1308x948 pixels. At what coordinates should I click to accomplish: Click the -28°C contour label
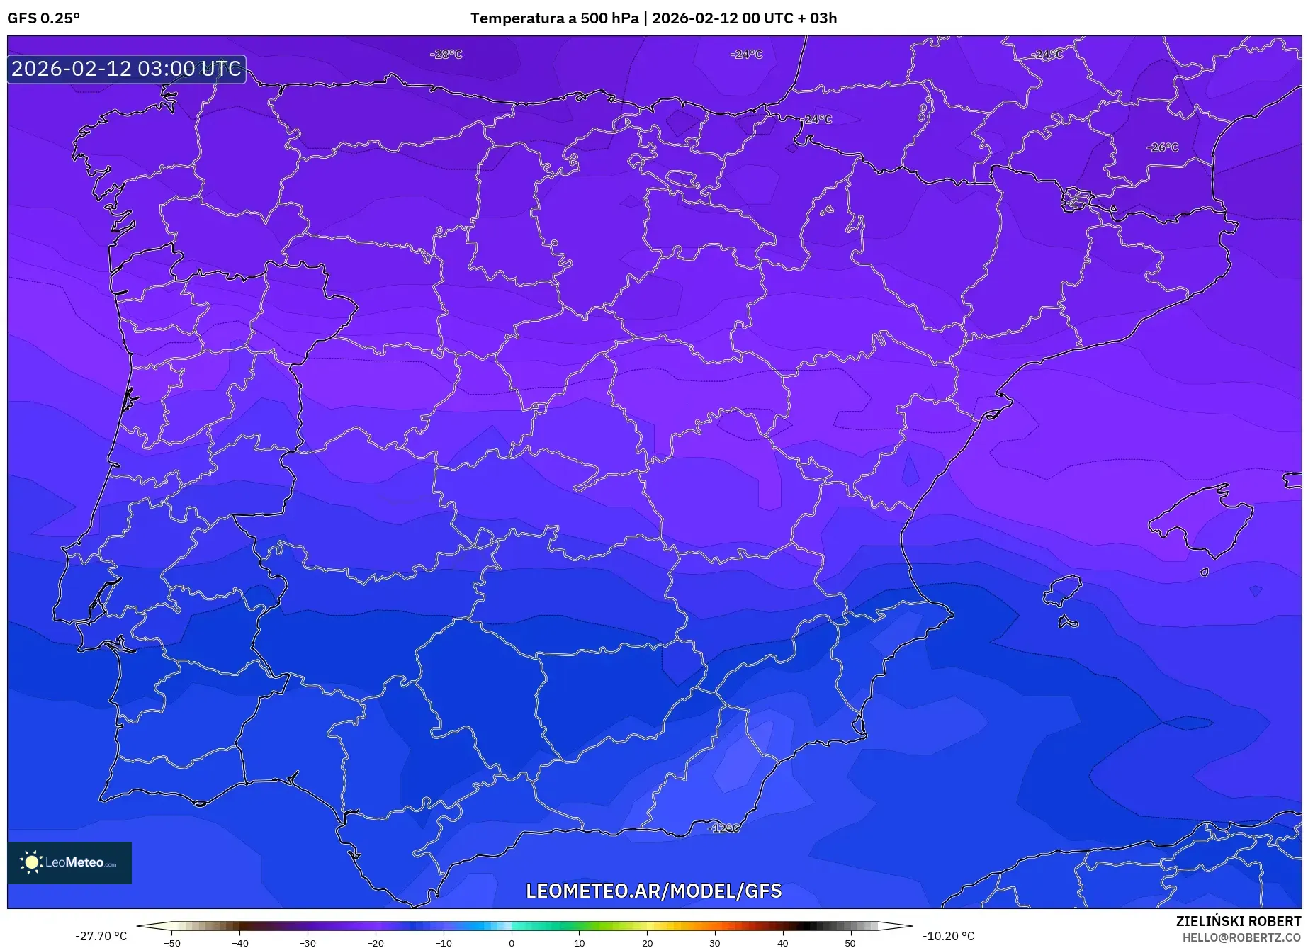click(446, 55)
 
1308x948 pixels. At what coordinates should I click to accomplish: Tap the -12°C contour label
click(724, 828)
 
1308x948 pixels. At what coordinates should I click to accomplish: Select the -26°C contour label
click(1163, 147)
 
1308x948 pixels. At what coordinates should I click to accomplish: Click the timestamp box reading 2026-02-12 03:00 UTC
click(127, 69)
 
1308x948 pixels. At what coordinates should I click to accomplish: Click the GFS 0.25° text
click(44, 18)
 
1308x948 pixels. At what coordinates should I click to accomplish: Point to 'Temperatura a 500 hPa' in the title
click(554, 18)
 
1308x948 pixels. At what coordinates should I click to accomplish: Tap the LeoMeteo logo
click(69, 862)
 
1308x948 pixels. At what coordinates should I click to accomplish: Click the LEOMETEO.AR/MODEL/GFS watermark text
click(653, 891)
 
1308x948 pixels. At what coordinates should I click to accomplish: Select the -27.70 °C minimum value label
click(101, 936)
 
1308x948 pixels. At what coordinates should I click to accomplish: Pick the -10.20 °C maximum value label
click(948, 936)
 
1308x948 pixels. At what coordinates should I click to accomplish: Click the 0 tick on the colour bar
click(512, 942)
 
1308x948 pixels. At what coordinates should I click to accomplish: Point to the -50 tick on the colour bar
click(172, 942)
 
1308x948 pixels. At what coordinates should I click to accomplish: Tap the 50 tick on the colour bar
click(850, 942)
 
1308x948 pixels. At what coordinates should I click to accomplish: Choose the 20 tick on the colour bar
click(647, 942)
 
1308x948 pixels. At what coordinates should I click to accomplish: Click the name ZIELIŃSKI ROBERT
click(1239, 921)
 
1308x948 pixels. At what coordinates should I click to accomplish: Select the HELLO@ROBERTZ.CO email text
click(1241, 937)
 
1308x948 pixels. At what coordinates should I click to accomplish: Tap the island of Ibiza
click(1063, 590)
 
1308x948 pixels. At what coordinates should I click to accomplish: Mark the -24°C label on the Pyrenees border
click(818, 119)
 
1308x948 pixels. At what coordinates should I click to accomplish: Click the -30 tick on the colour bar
click(308, 942)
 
